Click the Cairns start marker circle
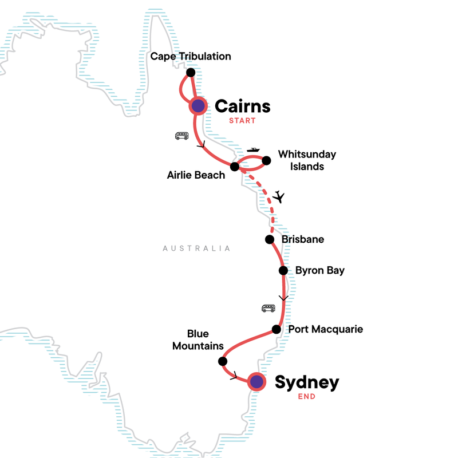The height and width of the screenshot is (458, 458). coord(198,105)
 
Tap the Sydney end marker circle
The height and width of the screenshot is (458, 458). coord(256,381)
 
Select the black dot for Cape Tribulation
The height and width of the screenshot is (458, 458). coord(191,73)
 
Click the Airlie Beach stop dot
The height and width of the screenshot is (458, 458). coord(234,167)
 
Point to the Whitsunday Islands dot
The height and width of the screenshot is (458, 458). coord(266,160)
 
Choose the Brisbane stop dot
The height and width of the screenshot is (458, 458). coord(269,239)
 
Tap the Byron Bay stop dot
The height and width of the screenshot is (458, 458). coord(283,270)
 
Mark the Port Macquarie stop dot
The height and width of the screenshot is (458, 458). coord(276,329)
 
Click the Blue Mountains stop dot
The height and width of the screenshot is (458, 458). coord(223,361)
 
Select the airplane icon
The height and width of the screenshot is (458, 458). coord(279,197)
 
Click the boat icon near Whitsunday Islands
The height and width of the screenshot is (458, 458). coord(252,150)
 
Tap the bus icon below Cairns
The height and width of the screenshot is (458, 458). coord(181,136)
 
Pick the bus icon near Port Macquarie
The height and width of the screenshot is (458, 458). coord(268,308)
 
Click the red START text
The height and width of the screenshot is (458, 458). coord(242,121)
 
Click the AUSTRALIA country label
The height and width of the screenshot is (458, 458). coord(196,248)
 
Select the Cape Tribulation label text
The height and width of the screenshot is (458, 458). coord(190,56)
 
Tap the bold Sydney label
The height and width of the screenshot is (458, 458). coord(307,382)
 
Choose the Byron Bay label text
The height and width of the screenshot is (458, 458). coord(320,270)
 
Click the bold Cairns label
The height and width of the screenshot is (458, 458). coord(242,106)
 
